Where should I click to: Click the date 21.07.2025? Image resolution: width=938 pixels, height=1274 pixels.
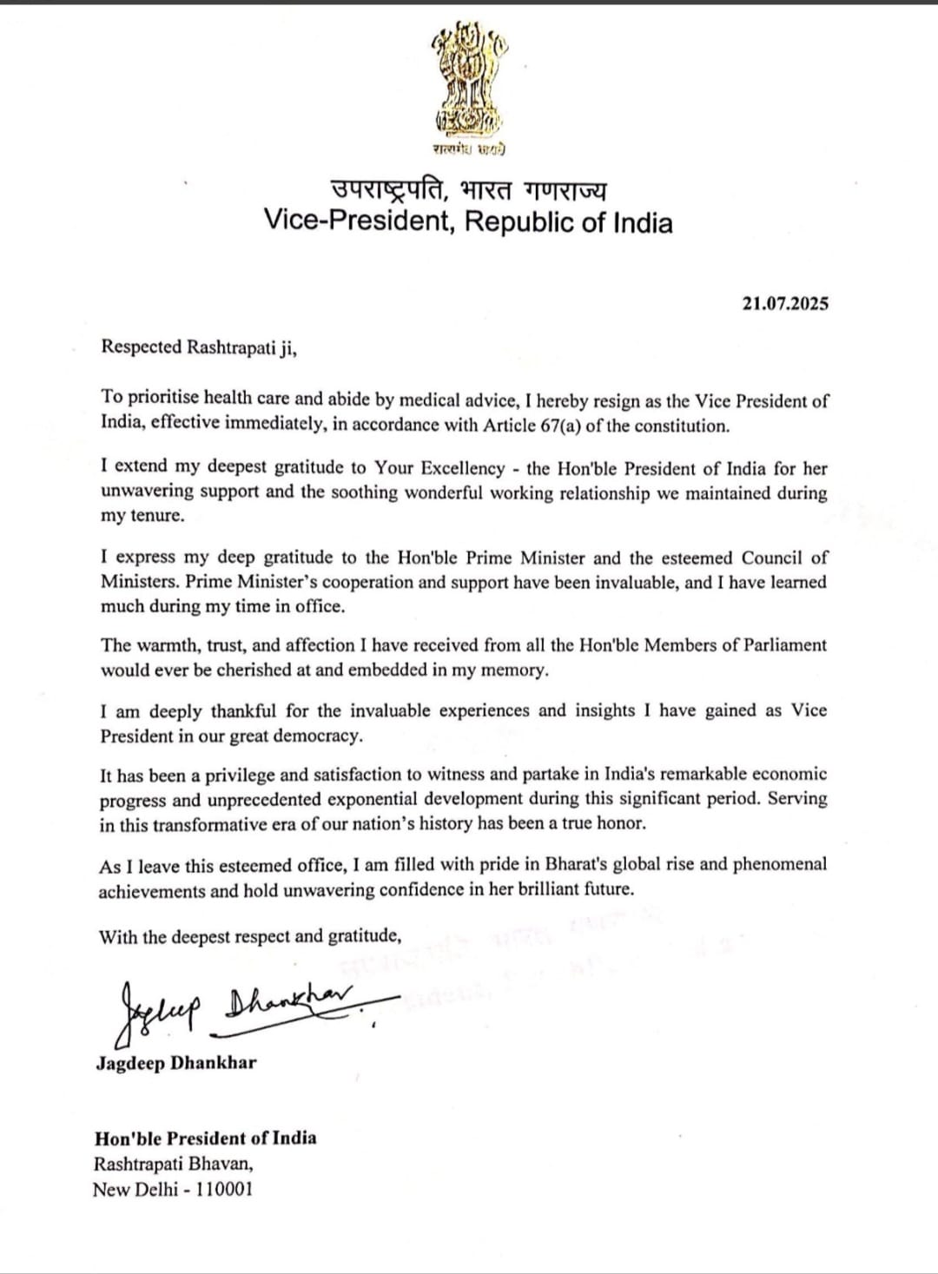(785, 303)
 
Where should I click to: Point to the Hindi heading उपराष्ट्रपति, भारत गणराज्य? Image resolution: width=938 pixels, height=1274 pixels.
(468, 189)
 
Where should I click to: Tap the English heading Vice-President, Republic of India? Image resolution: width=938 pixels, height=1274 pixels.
(468, 222)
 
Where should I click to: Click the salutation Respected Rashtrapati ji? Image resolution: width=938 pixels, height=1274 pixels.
(199, 347)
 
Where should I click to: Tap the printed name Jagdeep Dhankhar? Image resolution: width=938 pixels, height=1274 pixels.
(176, 1063)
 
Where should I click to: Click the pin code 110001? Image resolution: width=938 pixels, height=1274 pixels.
(224, 1189)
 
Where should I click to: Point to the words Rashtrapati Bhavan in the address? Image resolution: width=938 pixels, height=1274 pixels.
(174, 1164)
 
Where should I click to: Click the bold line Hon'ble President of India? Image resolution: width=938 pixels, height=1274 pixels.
(205, 1139)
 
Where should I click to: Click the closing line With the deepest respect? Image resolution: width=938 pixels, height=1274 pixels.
(250, 936)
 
